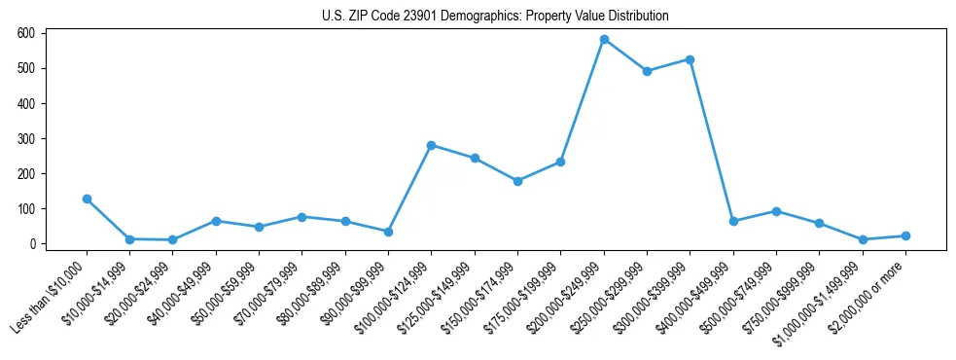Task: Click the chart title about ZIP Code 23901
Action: pyautogui.click(x=495, y=17)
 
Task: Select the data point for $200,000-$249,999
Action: pyautogui.click(x=604, y=40)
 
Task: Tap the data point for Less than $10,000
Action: pyautogui.click(x=87, y=198)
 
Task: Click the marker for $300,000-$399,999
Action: pyautogui.click(x=690, y=59)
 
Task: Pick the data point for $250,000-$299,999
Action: pyautogui.click(x=647, y=71)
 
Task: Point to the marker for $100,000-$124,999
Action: pyautogui.click(x=431, y=145)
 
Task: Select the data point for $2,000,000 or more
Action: pyautogui.click(x=905, y=235)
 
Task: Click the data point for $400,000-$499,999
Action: pyautogui.click(x=733, y=221)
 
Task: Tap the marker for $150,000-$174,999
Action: pyautogui.click(x=517, y=181)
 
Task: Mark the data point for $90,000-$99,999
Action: pyautogui.click(x=388, y=232)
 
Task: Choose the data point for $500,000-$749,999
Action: pyautogui.click(x=776, y=211)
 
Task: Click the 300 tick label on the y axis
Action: pyautogui.click(x=26, y=138)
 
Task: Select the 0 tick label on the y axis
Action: pyautogui.click(x=32, y=244)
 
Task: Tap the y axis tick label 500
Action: pyautogui.click(x=26, y=68)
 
